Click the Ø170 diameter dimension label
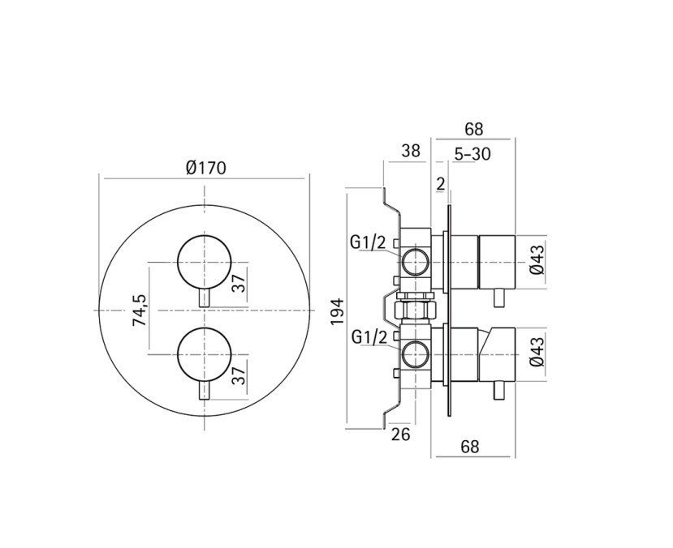tap(205, 168)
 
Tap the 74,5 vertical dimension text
tap(140, 310)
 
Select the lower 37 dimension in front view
tap(239, 372)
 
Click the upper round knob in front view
tap(205, 262)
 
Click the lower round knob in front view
tap(205, 355)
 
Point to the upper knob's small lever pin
tap(205, 297)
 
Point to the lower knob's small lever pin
tap(205, 390)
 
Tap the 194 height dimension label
tap(338, 311)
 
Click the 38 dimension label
tap(411, 151)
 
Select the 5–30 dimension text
tap(472, 154)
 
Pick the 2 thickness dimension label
tap(440, 184)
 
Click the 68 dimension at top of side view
tap(474, 129)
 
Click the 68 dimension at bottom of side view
tap(469, 447)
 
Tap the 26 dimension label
tap(401, 434)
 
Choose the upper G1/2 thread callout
tap(368, 242)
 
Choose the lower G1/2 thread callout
tap(369, 337)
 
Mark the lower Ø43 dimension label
tap(537, 351)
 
